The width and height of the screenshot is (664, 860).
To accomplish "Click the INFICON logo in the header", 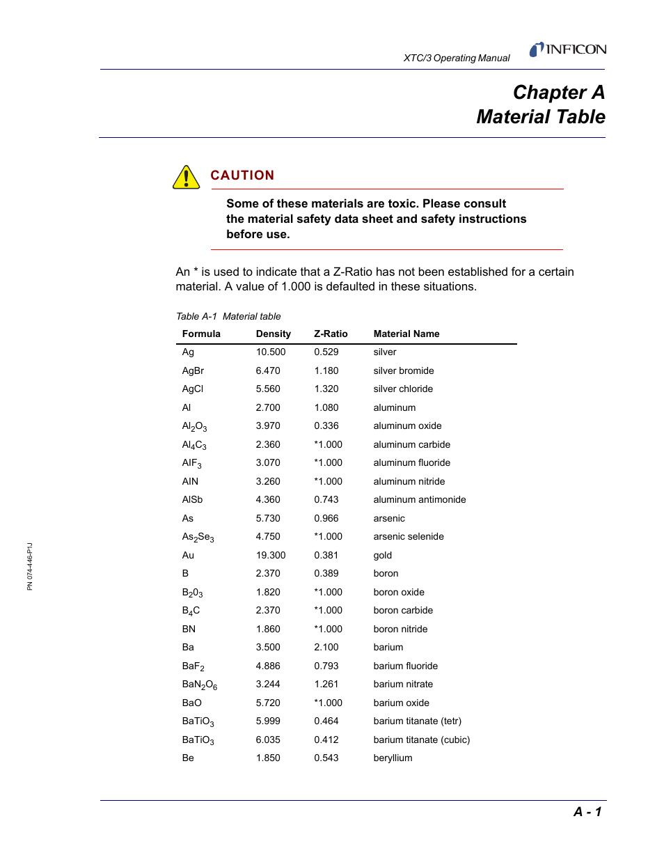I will pyautogui.click(x=568, y=49).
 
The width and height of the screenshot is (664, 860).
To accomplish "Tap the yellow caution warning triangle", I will pyautogui.click(x=186, y=178).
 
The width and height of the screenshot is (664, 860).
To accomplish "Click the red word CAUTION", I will pyautogui.click(x=242, y=175).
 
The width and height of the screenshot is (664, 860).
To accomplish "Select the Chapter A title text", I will pyautogui.click(x=558, y=93).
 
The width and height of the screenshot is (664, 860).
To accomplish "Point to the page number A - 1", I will pyautogui.click(x=587, y=811).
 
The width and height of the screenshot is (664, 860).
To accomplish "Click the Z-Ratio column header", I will pyautogui.click(x=331, y=334).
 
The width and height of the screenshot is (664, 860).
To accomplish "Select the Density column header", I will pyautogui.click(x=273, y=334).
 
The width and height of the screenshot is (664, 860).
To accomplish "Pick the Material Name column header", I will pyautogui.click(x=406, y=334).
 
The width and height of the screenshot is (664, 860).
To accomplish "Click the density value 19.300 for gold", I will pyautogui.click(x=270, y=555).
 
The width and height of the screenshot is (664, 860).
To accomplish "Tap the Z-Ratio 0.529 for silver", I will pyautogui.click(x=326, y=352).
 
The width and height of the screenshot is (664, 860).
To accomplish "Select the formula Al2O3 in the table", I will pyautogui.click(x=194, y=426).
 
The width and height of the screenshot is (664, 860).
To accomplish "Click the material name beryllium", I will pyautogui.click(x=393, y=758).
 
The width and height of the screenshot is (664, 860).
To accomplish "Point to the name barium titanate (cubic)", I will pyautogui.click(x=421, y=740).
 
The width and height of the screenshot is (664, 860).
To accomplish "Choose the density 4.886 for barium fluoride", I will pyautogui.click(x=267, y=666).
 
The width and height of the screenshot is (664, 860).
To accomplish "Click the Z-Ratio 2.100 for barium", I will pyautogui.click(x=326, y=647).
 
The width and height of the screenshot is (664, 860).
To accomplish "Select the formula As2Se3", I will pyautogui.click(x=198, y=537).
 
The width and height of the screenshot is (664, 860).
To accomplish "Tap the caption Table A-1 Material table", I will pyautogui.click(x=228, y=316).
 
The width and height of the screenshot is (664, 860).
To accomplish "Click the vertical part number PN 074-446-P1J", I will pyautogui.click(x=30, y=566).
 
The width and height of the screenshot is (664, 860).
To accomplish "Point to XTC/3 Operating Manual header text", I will pyautogui.click(x=457, y=58).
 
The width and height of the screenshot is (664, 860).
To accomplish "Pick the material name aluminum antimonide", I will pyautogui.click(x=419, y=499).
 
